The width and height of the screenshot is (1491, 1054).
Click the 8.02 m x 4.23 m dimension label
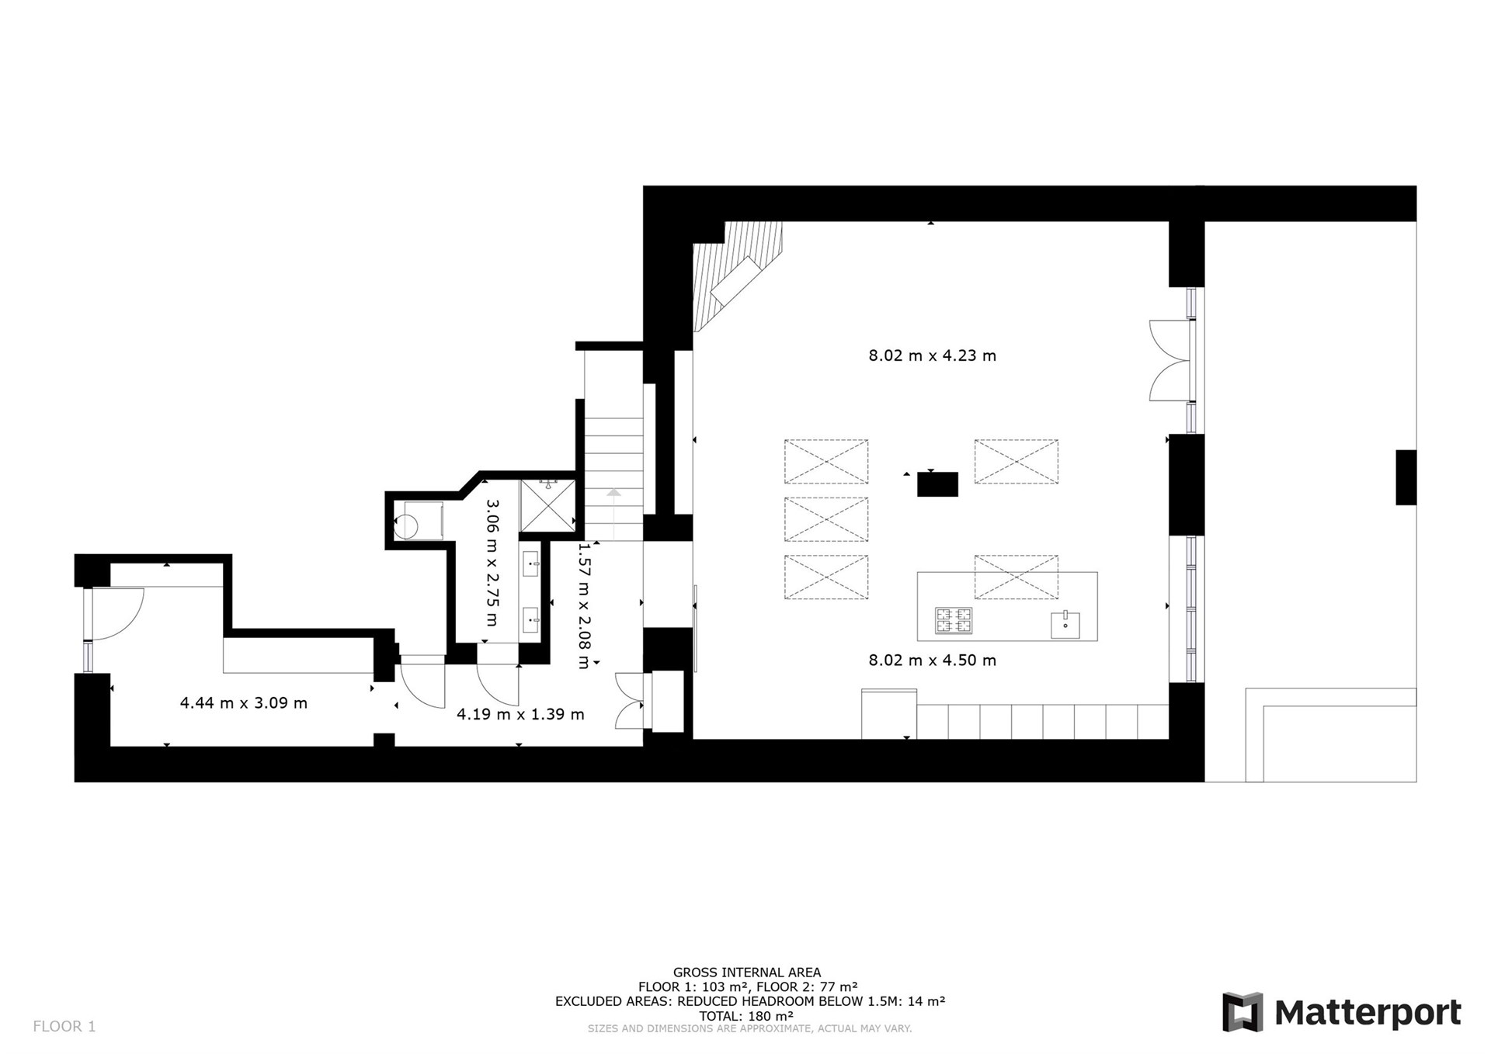pos(932,355)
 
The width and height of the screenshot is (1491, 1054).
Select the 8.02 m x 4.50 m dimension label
pos(932,660)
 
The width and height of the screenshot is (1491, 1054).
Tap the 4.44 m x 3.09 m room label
pos(244,703)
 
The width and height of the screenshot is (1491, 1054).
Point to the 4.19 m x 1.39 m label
pos(520,714)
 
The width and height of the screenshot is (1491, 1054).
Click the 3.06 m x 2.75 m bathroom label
pos(492,563)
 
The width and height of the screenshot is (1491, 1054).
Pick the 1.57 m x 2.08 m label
pos(584,605)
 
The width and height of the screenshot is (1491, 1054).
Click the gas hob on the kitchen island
pos(954,621)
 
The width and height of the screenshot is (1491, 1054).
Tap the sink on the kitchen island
pos(1065,624)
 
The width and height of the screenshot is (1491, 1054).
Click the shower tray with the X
pos(548,506)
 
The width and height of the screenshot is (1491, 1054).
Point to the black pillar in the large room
pos(937,484)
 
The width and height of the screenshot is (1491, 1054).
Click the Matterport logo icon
pos(1242,1012)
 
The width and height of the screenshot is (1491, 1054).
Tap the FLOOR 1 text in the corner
pos(64,1026)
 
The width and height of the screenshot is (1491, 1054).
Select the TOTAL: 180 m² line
pos(746,1016)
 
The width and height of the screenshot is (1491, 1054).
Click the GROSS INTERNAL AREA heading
pos(747,973)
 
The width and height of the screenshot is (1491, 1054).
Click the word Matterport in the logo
pos(1368,1013)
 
